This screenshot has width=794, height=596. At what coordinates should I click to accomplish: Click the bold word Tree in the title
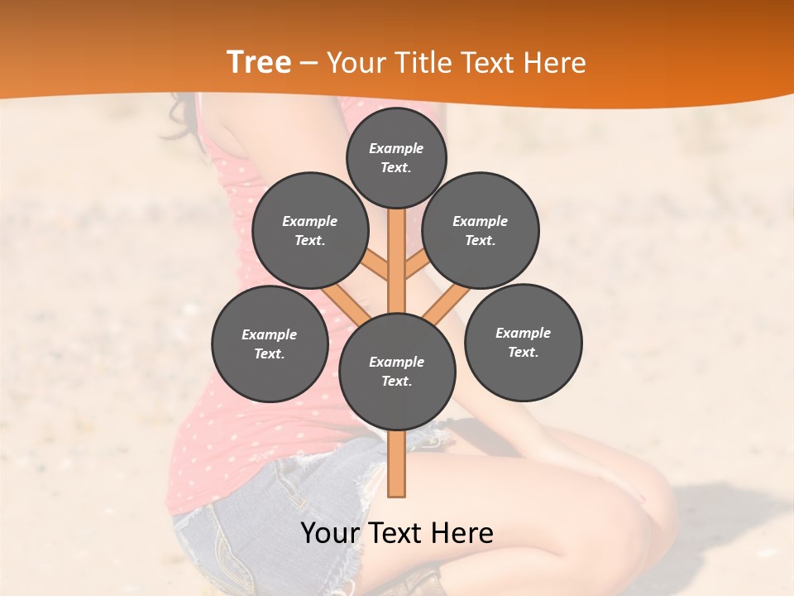[x=259, y=62]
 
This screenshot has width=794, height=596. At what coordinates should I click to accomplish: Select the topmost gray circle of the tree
[x=396, y=157]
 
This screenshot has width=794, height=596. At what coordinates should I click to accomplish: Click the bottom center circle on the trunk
[x=397, y=371]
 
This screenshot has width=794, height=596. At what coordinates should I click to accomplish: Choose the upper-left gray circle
[x=310, y=230]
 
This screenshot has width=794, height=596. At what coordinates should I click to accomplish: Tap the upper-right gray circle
[x=481, y=230]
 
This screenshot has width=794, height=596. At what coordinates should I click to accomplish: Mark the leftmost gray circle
[x=270, y=344]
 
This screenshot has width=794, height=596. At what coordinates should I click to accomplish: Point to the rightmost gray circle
[x=524, y=342]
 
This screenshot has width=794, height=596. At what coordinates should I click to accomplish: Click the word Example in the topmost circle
[x=396, y=148]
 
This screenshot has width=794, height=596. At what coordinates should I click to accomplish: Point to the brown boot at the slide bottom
[x=426, y=583]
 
